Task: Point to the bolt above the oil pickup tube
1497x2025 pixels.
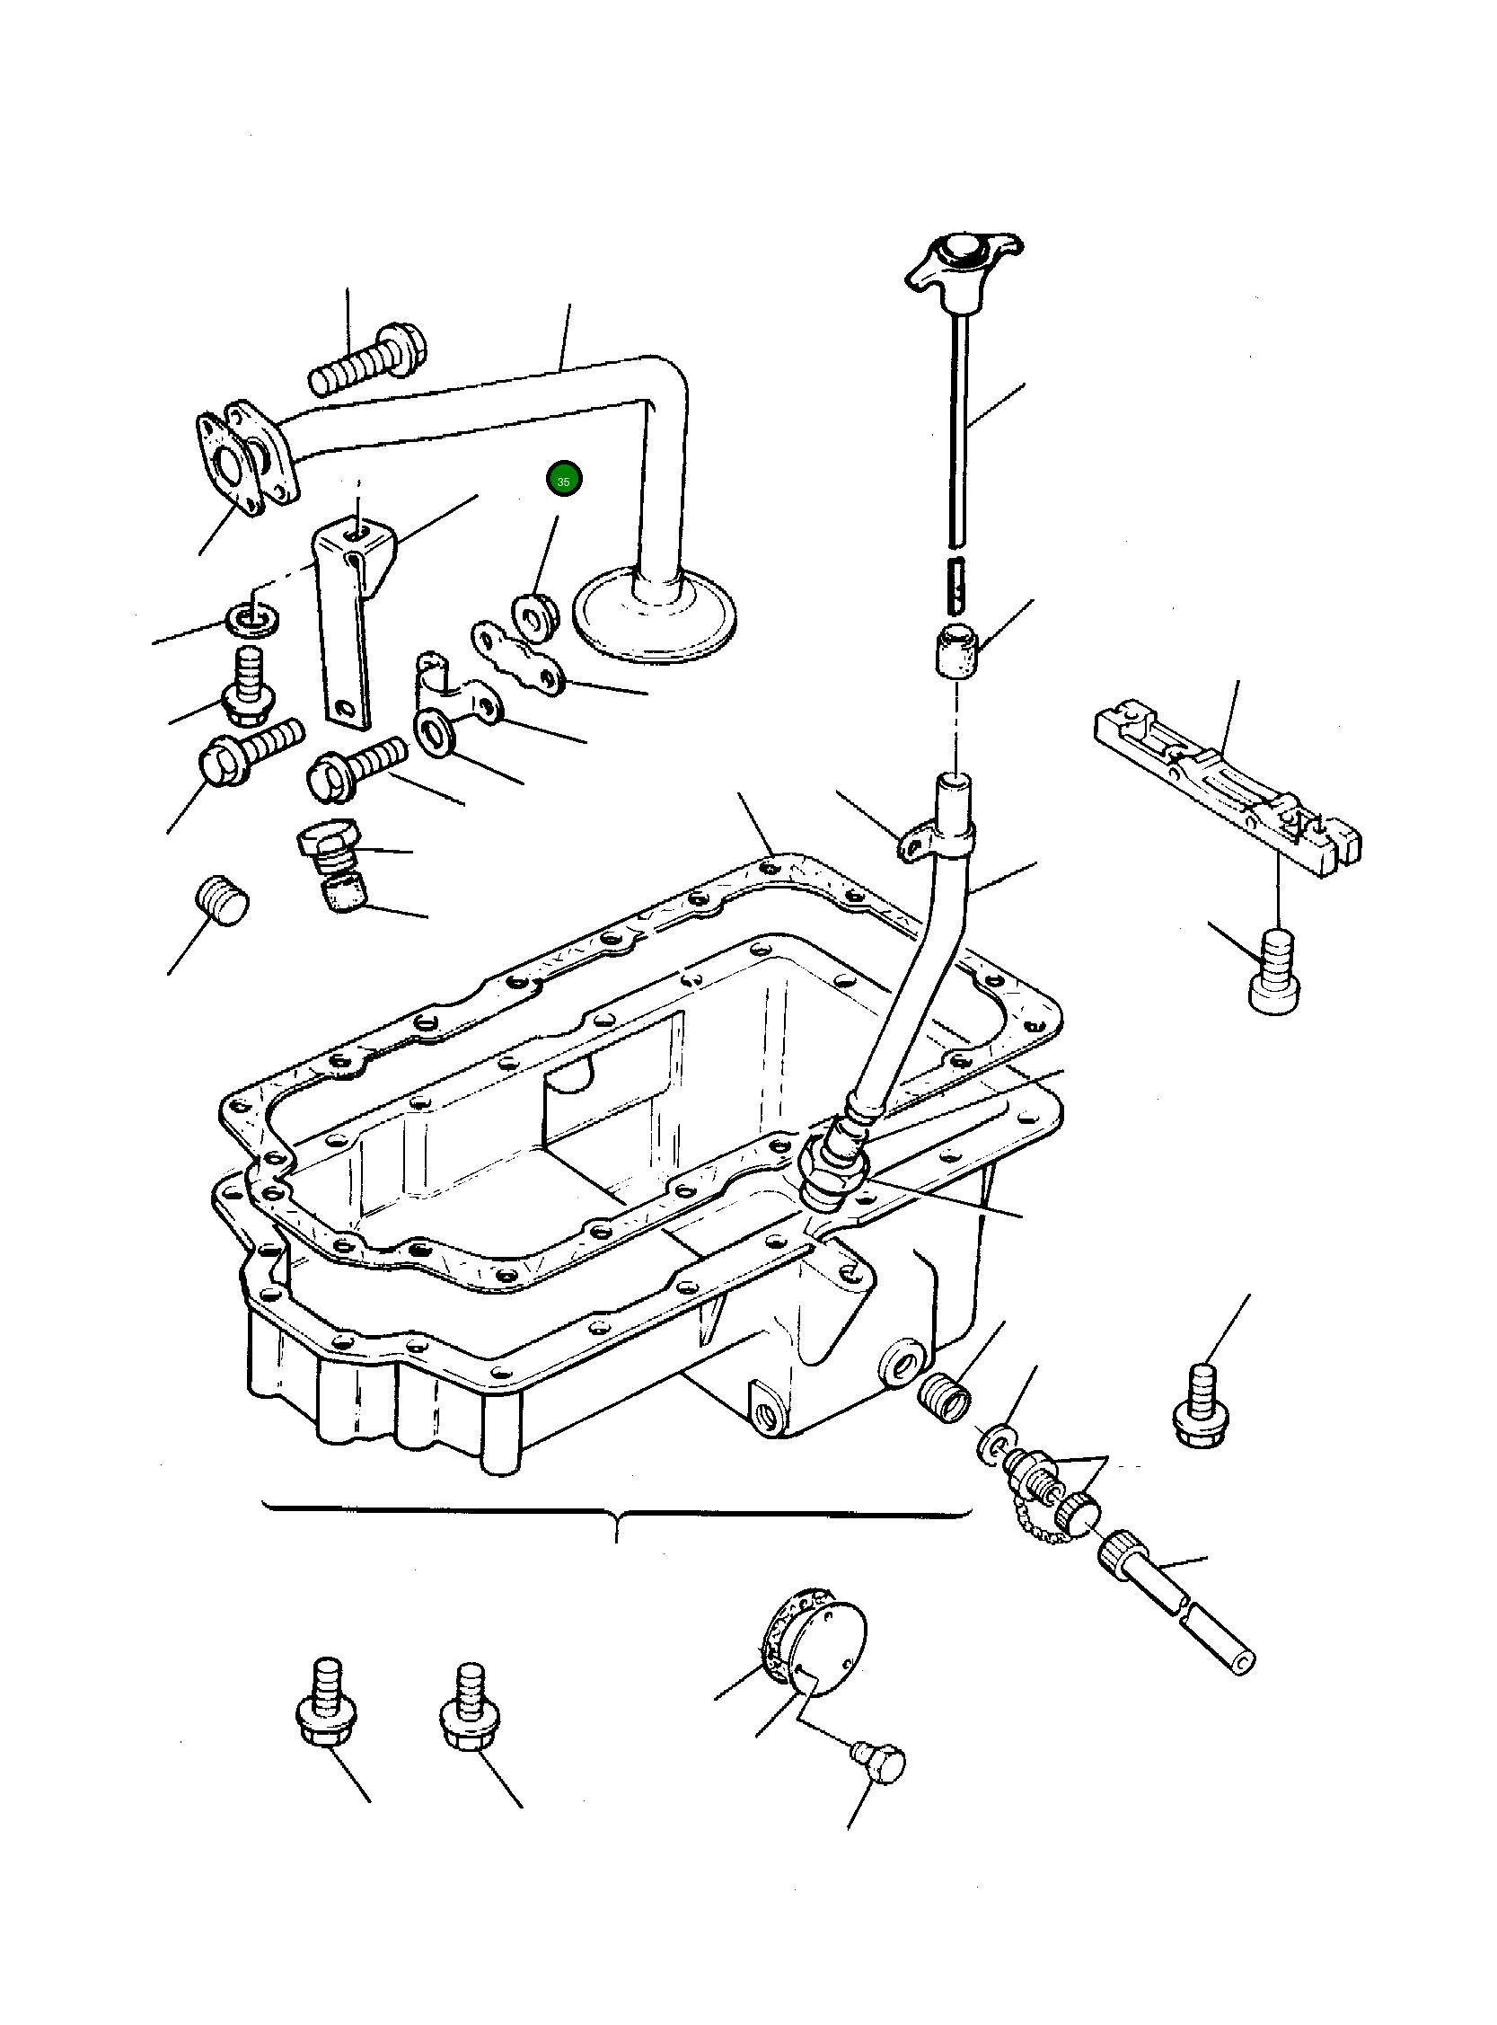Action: pos(368,362)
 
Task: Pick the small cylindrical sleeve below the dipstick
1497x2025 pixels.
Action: pos(957,648)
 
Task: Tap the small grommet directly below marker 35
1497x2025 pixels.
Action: pos(534,613)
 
